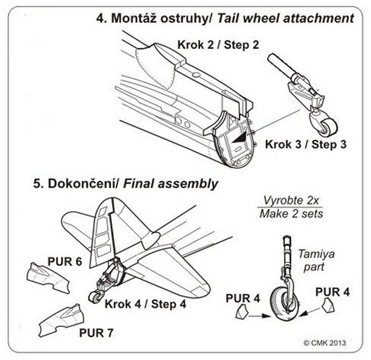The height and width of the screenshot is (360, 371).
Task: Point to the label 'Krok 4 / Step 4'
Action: (x=145, y=304)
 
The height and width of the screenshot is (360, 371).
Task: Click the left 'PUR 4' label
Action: (x=243, y=297)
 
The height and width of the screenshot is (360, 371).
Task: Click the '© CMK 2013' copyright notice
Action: (x=325, y=343)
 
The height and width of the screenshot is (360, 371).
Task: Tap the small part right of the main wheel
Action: (x=328, y=306)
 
